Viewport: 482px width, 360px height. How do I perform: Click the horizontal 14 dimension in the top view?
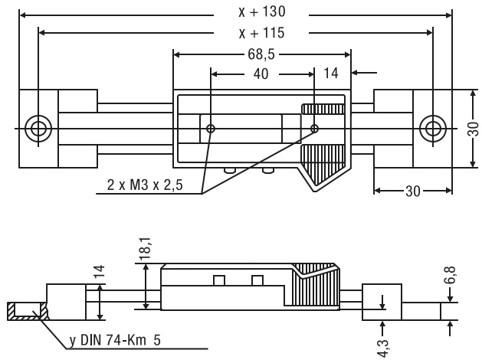pyautogui.click(x=331, y=74)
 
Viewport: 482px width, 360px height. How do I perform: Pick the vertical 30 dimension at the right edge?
pyautogui.click(x=473, y=127)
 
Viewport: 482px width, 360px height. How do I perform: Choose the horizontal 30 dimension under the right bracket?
pyautogui.click(x=412, y=191)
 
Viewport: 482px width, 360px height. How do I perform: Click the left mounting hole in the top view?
pyautogui.click(x=36, y=128)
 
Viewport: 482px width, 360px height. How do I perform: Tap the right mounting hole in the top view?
pyautogui.click(x=432, y=128)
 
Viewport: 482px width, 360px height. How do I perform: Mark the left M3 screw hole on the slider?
pyautogui.click(x=211, y=128)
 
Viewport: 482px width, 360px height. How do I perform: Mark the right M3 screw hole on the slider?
pyautogui.click(x=315, y=128)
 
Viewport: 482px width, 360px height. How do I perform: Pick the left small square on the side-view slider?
pyautogui.click(x=219, y=280)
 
